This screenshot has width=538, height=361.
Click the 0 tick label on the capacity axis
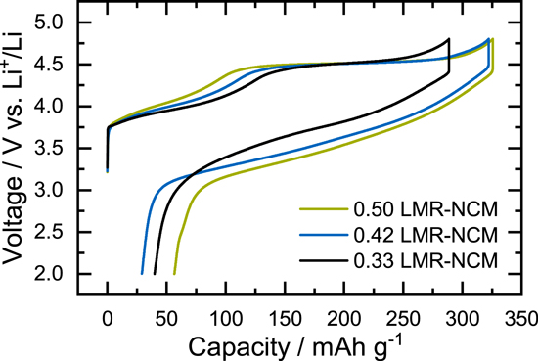pyautogui.click(x=107, y=318)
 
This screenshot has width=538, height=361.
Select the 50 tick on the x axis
pyautogui.click(x=166, y=318)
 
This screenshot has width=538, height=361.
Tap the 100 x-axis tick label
pyautogui.click(x=226, y=318)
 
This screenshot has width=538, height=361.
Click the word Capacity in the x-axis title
pyautogui.click(x=234, y=346)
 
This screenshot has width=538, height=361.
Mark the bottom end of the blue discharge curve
pyautogui.click(x=142, y=274)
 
